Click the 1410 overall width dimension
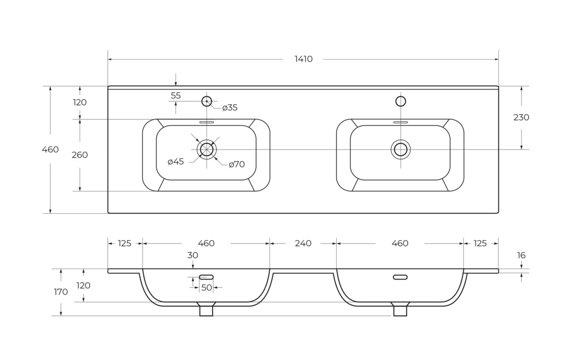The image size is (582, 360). click(304, 59)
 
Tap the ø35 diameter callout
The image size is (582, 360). click(230, 107)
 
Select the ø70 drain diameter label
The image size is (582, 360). click(237, 164)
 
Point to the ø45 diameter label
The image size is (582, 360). click(175, 162)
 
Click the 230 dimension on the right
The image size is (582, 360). click(521, 117)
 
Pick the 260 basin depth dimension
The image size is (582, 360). click(80, 155)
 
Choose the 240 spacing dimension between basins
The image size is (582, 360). click(303, 243)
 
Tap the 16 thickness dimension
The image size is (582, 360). click(521, 256)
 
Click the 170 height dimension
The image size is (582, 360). click(61, 292)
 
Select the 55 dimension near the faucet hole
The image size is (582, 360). click(175, 96)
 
